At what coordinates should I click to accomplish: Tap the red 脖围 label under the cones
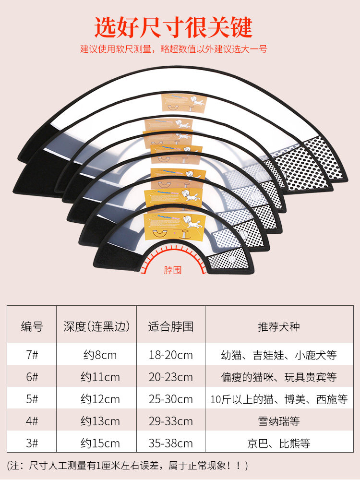pos(173,270)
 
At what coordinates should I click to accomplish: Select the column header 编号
pos(32,327)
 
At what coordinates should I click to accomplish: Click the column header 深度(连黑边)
pos(96,327)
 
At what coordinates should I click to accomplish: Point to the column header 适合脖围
pos(171,327)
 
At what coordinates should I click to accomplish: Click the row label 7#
pos(32,355)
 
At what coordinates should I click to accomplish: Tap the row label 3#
pos(32,443)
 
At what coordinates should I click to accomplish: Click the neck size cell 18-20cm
pos(171,355)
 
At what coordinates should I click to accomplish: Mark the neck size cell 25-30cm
pos(171,399)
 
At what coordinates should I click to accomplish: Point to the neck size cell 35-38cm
pos(171,443)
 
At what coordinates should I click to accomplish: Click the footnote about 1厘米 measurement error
pos(127,465)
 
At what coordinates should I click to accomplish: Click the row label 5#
pos(32,399)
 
